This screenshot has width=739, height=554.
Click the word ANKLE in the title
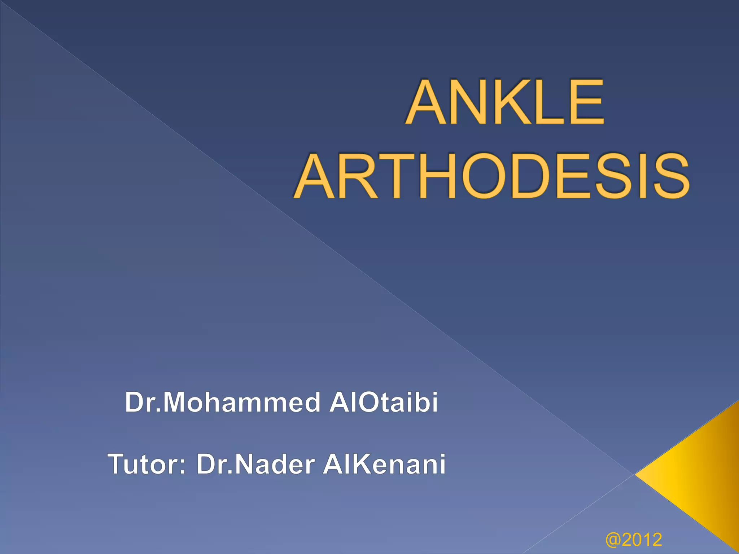(505, 102)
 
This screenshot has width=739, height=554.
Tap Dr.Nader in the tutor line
(256, 464)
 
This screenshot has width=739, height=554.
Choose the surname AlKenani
(385, 464)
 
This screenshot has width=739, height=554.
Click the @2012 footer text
(634, 540)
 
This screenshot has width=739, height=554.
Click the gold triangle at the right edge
(696, 476)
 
